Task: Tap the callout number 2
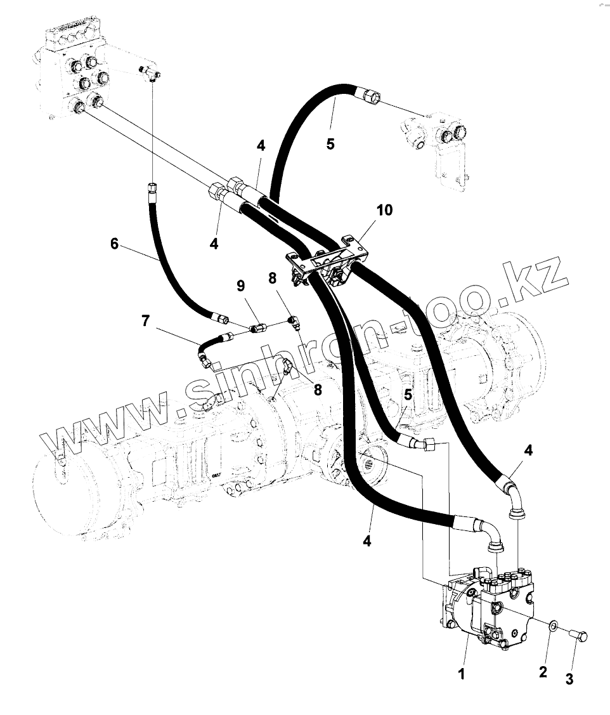click(543, 672)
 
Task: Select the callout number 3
click(569, 679)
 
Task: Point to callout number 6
click(114, 243)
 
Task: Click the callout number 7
click(146, 321)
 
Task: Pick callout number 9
click(241, 286)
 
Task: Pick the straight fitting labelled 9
click(257, 328)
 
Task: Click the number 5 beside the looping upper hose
click(330, 143)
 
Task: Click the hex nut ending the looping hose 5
click(371, 96)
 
